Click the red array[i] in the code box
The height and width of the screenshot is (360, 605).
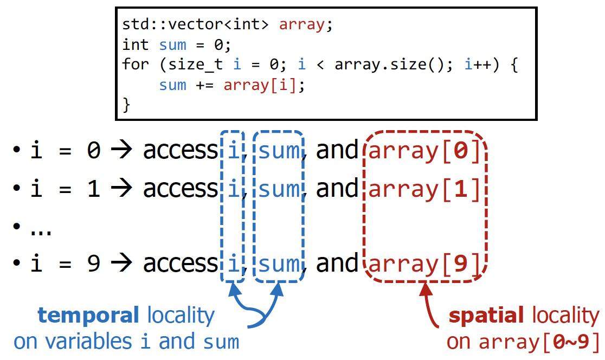(x=260, y=85)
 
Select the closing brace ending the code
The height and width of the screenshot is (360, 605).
(x=127, y=105)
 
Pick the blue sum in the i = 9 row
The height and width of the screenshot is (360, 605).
(x=279, y=264)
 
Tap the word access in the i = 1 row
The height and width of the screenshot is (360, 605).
(x=180, y=189)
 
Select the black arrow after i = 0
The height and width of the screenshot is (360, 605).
(x=121, y=151)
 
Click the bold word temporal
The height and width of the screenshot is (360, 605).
(x=88, y=315)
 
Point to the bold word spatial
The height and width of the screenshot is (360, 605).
(x=486, y=316)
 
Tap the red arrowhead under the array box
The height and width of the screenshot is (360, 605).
(x=427, y=289)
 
